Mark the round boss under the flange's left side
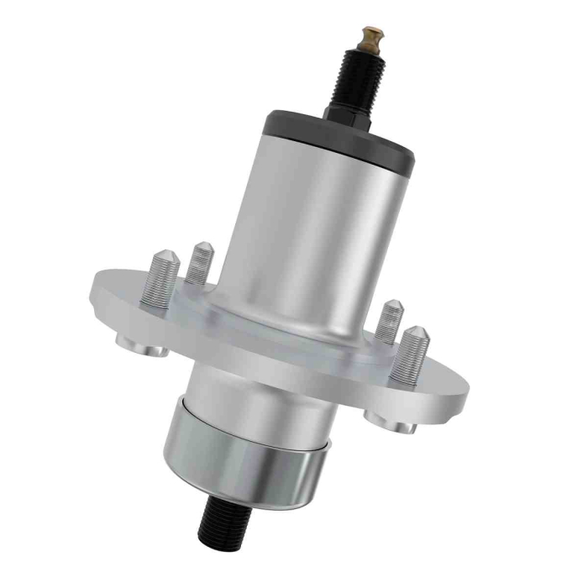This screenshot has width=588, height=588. coord(140,343)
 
